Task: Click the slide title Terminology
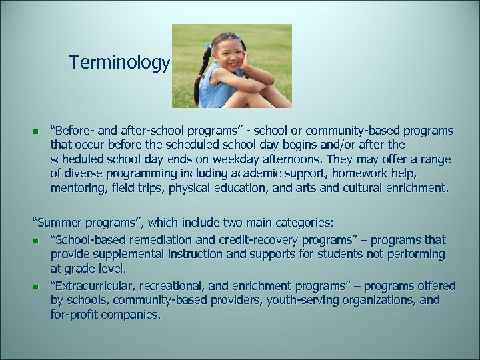coord(119,63)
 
